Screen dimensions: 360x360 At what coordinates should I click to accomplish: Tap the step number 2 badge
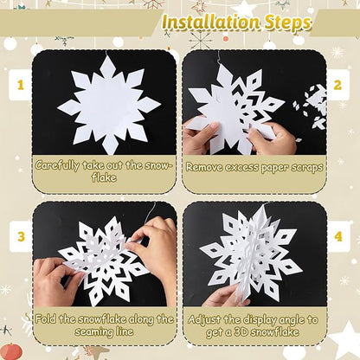338,85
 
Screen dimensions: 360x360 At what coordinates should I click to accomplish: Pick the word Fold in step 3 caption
49,318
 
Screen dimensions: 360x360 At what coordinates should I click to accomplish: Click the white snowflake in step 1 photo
109,104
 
